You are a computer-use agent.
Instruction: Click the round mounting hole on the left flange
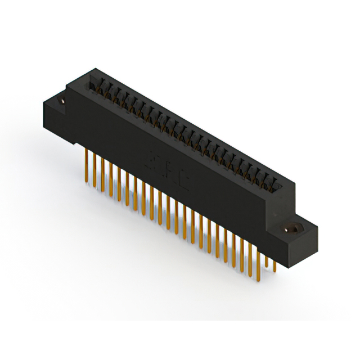(61, 101)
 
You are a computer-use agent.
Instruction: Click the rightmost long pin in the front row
(258, 259)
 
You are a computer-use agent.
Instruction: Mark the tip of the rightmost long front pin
(258, 280)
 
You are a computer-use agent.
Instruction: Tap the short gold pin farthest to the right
(274, 264)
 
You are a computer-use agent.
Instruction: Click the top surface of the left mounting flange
(56, 101)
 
